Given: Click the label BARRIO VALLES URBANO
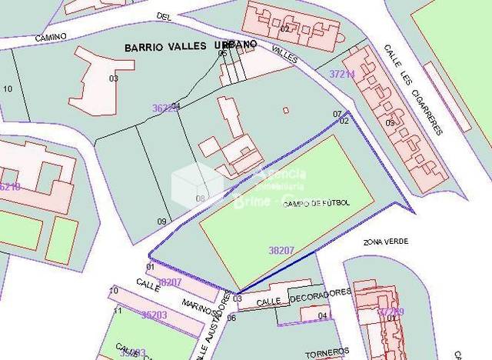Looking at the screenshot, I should click(x=190, y=46).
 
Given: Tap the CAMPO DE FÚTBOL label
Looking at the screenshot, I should click(x=317, y=203).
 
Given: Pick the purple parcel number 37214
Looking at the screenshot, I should click(x=342, y=75).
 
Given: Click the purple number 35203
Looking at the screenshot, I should click(x=154, y=315).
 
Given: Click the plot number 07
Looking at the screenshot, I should click(x=337, y=114).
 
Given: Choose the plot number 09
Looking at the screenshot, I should click(x=161, y=222).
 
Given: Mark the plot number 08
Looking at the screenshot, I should click(x=200, y=198).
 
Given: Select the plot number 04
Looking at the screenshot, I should click(x=323, y=315).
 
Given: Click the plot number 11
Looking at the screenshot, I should click(x=118, y=311).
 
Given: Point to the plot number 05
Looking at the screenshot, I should click(x=223, y=53).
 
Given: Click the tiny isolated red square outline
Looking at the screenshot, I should click(x=286, y=110).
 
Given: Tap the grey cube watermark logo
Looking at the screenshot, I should click(x=197, y=185).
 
